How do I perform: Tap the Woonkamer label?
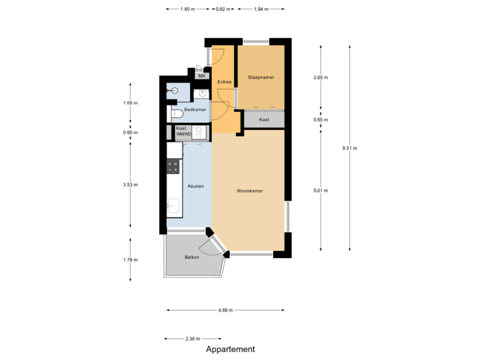[x=250, y=191]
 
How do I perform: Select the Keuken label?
[x=195, y=186]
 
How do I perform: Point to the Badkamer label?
[x=195, y=109]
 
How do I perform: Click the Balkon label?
[x=193, y=257]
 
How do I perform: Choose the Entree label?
[x=224, y=82]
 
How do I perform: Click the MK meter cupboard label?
[x=202, y=76]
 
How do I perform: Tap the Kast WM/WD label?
[x=183, y=131]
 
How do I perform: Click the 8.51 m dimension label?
[x=349, y=148]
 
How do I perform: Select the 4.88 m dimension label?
[x=225, y=310]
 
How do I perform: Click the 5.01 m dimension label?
[x=321, y=190]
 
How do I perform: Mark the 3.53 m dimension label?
[x=130, y=185]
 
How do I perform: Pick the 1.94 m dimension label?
[x=261, y=9]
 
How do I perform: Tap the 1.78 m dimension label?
[x=130, y=259]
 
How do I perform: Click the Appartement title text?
[x=230, y=349]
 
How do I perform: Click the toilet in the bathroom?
[x=175, y=114]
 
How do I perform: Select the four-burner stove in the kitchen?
[x=173, y=166]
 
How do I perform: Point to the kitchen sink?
[x=173, y=207]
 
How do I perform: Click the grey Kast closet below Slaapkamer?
[x=264, y=119]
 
